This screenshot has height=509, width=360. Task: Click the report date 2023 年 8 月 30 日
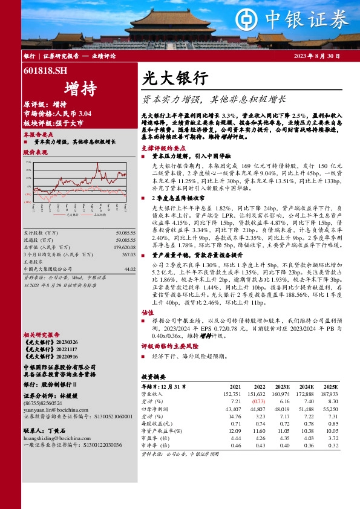(x=316, y=55)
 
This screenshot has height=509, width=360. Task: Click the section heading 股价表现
(x=34, y=153)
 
